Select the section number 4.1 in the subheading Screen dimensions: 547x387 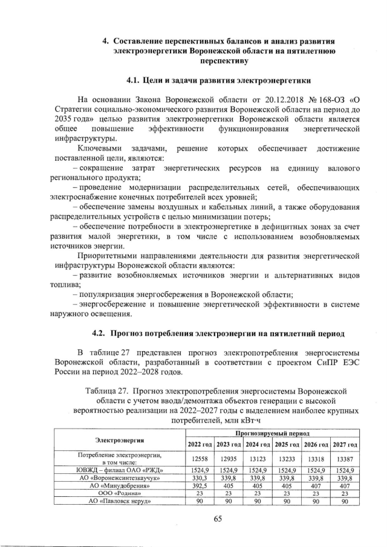click(135, 79)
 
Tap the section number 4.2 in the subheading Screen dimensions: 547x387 click(100, 332)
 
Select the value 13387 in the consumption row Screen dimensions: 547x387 click(344, 458)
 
